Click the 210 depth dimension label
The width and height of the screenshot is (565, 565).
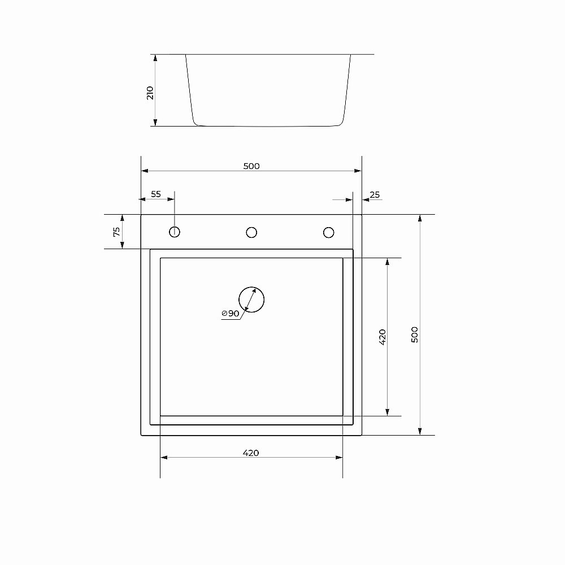150,93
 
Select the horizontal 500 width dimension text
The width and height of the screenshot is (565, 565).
251,166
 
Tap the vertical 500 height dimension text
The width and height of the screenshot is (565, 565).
415,334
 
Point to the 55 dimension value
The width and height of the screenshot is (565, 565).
155,194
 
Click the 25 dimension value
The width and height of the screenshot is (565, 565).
374,195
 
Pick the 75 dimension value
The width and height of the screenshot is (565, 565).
116,231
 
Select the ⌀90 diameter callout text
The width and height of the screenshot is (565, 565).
231,313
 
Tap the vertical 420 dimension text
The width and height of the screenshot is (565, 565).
382,337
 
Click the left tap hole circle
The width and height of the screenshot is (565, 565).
175,232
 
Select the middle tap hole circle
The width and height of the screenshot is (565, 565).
251,232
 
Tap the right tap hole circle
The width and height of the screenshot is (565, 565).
328,232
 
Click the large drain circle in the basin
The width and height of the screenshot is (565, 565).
251,299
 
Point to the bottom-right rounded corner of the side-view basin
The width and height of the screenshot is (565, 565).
341,122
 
